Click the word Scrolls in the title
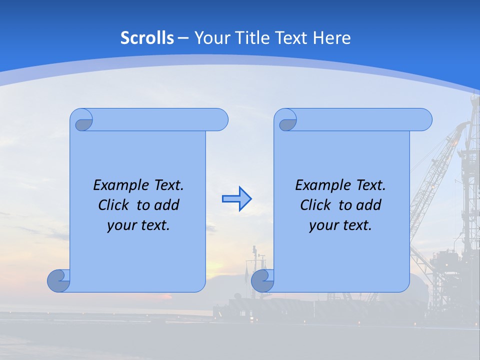(x=147, y=38)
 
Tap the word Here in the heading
(x=331, y=38)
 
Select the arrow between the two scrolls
(x=236, y=199)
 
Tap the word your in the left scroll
(x=121, y=225)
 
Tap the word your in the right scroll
(x=323, y=225)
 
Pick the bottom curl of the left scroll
(x=58, y=281)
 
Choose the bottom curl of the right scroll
(x=262, y=281)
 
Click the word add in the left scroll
(x=166, y=205)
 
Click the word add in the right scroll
(x=368, y=205)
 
